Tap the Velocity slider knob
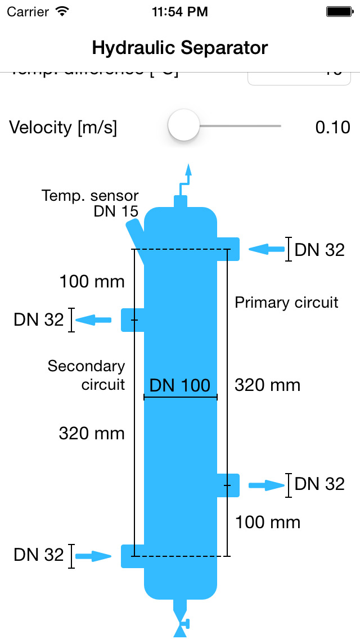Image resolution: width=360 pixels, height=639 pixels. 184,126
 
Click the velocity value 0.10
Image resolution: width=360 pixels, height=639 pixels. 332,127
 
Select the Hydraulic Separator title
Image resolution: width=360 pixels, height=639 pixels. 180,48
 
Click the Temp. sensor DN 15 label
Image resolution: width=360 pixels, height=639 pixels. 90,204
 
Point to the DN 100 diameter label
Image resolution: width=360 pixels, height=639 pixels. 180,385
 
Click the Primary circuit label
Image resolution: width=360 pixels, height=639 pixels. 286,303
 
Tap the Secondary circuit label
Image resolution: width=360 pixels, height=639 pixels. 86,375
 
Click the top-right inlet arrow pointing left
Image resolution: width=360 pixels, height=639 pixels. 267,249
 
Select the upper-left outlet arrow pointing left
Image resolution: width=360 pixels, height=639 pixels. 93,320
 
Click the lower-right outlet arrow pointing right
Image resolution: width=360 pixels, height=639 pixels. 267,485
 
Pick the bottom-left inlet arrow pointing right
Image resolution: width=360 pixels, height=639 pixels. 93,556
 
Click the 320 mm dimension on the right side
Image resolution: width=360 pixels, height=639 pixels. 267,385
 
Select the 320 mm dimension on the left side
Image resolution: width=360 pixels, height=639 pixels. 92,433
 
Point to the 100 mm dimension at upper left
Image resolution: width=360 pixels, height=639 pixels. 92,281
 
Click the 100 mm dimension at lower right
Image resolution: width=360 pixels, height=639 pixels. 268,522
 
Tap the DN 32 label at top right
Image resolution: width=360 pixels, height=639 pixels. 319,250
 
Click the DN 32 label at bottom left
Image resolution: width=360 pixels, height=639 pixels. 39,555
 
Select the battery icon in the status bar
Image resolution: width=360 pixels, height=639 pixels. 339,11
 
